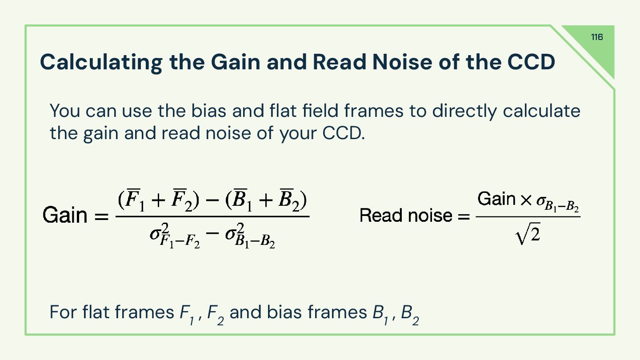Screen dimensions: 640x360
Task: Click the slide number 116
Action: pyautogui.click(x=597, y=37)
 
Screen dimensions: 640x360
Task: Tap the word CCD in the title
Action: pyautogui.click(x=531, y=62)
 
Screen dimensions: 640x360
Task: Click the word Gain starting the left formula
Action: pyautogui.click(x=65, y=216)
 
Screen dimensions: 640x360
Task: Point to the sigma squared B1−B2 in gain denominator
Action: pyautogui.click(x=249, y=235)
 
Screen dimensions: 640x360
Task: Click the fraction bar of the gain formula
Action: pyautogui.click(x=212, y=216)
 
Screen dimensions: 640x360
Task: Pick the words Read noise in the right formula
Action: pyautogui.click(x=405, y=216)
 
